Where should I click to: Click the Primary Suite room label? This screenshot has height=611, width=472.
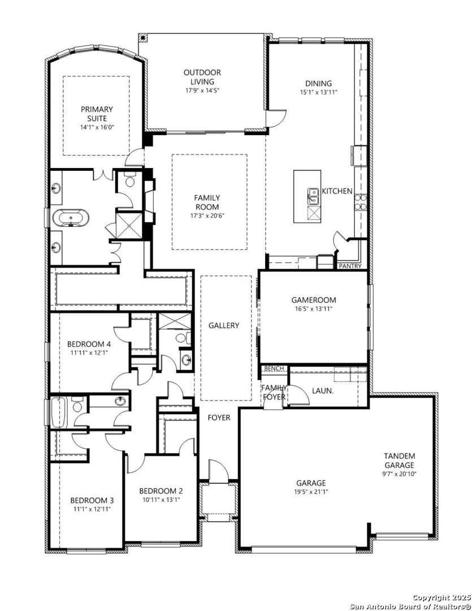click(x=97, y=113)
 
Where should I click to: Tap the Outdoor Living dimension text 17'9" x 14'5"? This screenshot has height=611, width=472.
click(x=202, y=91)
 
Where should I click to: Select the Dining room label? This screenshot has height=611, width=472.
click(x=318, y=83)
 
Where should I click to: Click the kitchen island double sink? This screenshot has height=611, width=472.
click(x=313, y=196)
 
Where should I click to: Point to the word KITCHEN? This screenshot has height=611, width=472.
click(x=337, y=191)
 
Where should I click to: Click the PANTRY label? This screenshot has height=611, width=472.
click(x=350, y=266)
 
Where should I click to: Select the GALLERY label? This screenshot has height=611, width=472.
click(x=223, y=325)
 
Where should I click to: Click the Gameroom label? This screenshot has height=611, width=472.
click(x=314, y=300)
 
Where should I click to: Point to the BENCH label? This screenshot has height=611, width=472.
click(x=274, y=368)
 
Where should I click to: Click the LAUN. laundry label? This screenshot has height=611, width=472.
click(x=323, y=390)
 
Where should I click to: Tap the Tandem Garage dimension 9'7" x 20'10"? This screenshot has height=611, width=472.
click(x=399, y=474)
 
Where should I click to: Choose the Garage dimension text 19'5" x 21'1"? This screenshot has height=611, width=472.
click(x=310, y=492)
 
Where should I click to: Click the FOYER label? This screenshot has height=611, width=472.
click(x=219, y=418)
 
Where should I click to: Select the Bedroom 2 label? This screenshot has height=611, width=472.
click(x=161, y=491)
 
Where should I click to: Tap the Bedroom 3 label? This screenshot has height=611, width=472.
click(x=92, y=500)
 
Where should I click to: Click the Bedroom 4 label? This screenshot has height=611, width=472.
click(x=89, y=344)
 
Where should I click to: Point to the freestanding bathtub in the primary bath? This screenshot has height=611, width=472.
click(x=71, y=218)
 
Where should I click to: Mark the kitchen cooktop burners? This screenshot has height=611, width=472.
click(x=360, y=202)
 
